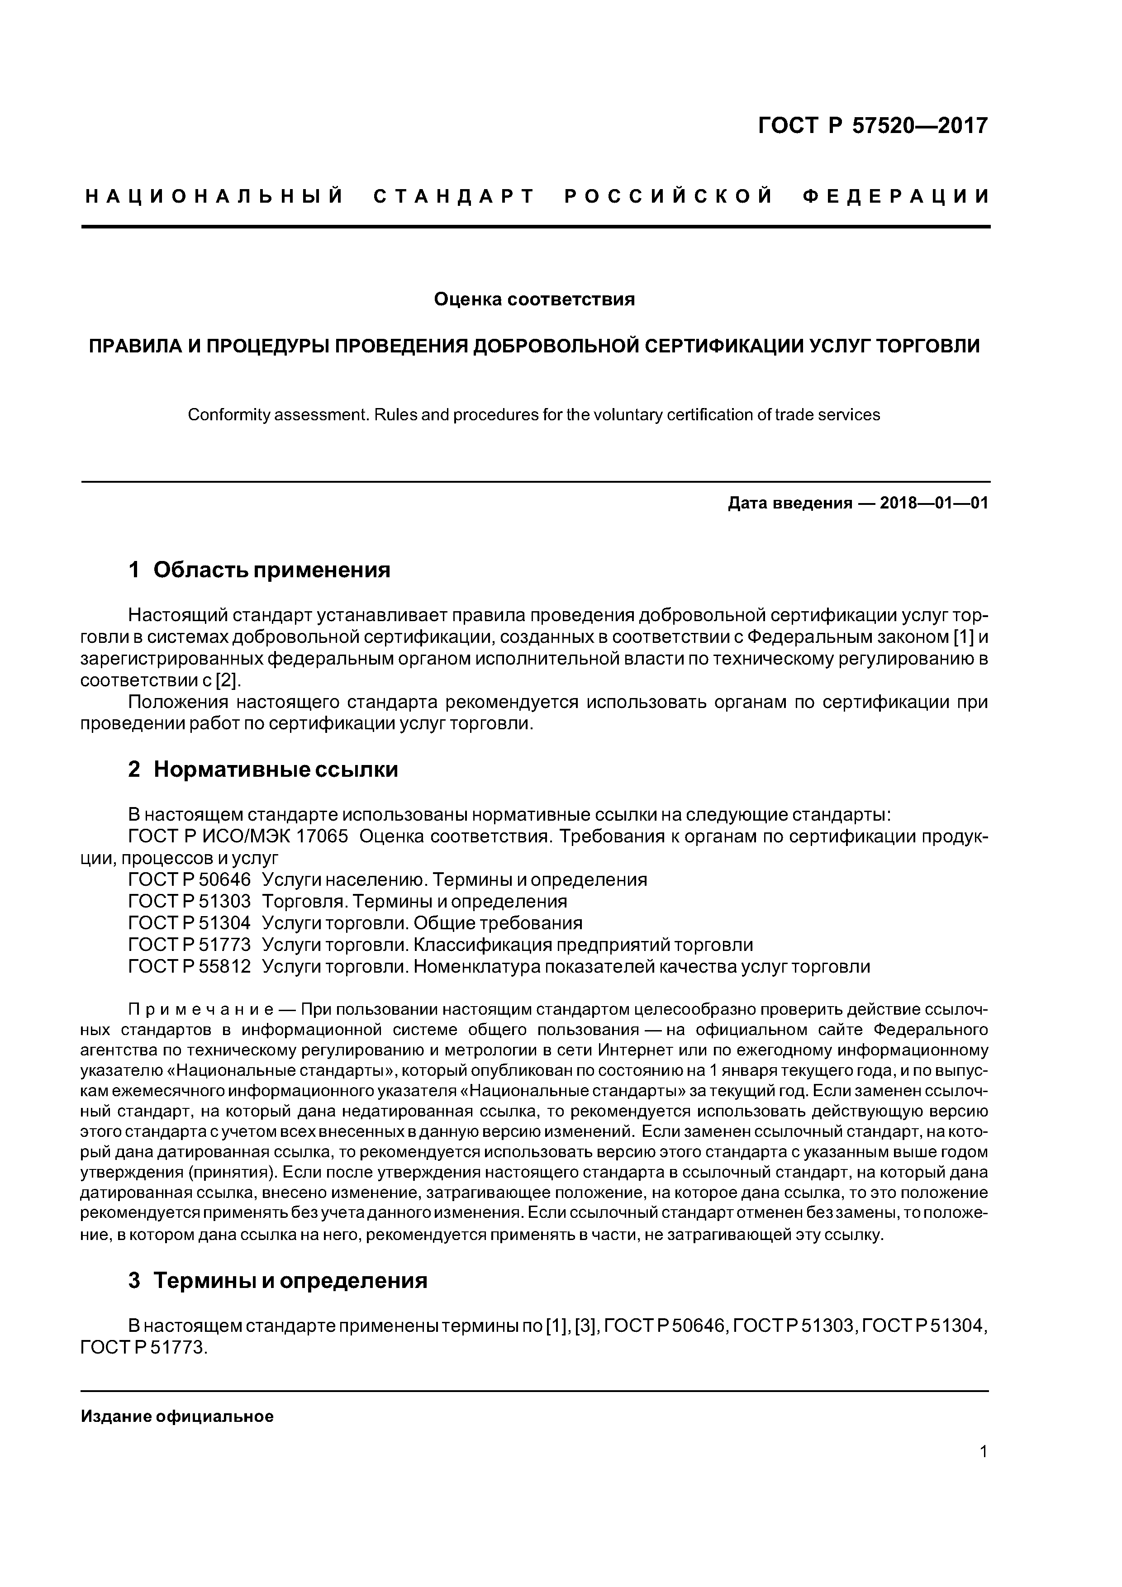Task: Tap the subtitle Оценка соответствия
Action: point(534,299)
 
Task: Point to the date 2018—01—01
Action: point(934,503)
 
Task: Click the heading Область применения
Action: point(272,570)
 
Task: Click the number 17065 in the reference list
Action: point(322,836)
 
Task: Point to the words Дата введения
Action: point(789,503)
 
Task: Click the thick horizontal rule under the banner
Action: point(535,226)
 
